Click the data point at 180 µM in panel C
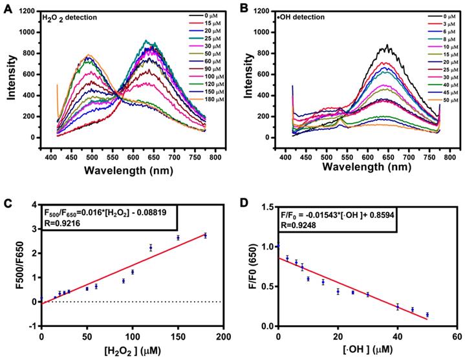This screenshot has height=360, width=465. tap(205, 235)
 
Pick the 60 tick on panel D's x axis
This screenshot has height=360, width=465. tap(457, 337)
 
